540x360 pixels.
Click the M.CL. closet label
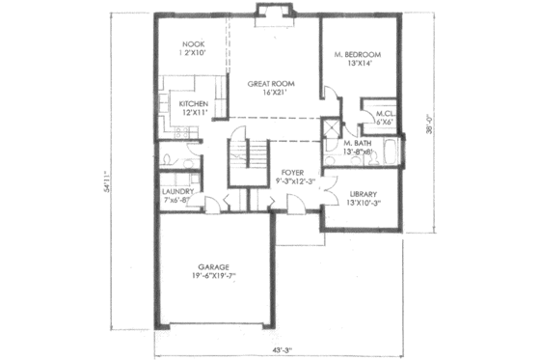pos(384,112)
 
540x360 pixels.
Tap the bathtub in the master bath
pos(389,152)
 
